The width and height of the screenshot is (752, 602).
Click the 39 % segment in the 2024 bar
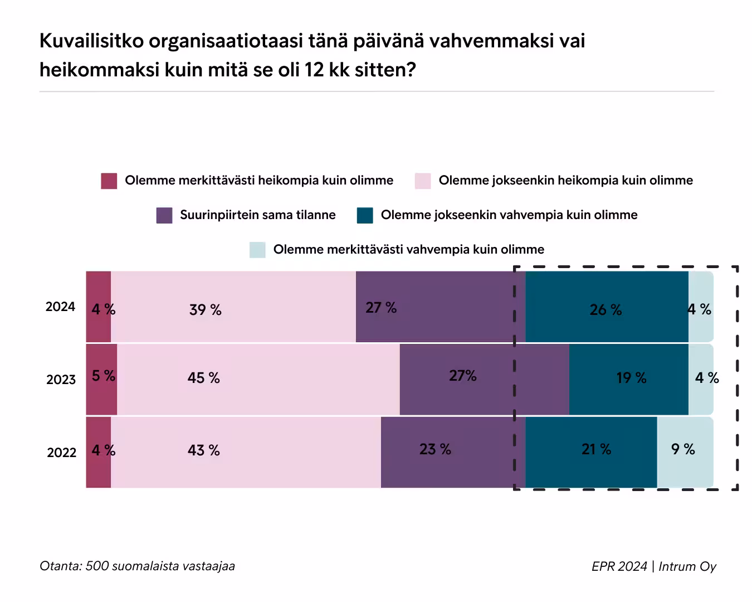click(x=233, y=307)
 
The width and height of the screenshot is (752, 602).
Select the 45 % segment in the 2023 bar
click(x=258, y=379)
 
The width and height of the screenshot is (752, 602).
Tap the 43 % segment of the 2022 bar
click(x=246, y=452)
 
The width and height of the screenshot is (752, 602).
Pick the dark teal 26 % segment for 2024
click(x=607, y=307)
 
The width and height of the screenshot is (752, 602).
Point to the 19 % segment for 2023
click(x=628, y=379)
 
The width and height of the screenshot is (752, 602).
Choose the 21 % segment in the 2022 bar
click(x=591, y=452)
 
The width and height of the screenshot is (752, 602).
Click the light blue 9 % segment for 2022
click(x=685, y=452)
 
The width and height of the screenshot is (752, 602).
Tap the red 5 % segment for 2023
click(x=101, y=379)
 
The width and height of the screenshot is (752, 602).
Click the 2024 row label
click(x=60, y=307)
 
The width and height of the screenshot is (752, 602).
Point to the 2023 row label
click(x=61, y=380)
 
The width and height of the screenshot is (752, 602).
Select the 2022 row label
click(x=61, y=452)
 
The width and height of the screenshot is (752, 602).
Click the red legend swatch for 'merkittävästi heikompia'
click(x=109, y=181)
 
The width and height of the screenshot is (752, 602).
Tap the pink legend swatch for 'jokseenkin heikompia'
click(x=423, y=181)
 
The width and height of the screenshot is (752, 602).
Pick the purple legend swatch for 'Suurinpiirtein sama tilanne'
click(x=164, y=215)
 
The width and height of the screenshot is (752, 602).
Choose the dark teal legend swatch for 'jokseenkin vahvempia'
click(x=365, y=215)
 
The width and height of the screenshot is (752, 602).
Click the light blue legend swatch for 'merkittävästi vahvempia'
click(x=257, y=250)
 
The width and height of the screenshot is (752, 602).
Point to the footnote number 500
click(x=97, y=566)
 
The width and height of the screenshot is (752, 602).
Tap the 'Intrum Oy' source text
click(x=687, y=567)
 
